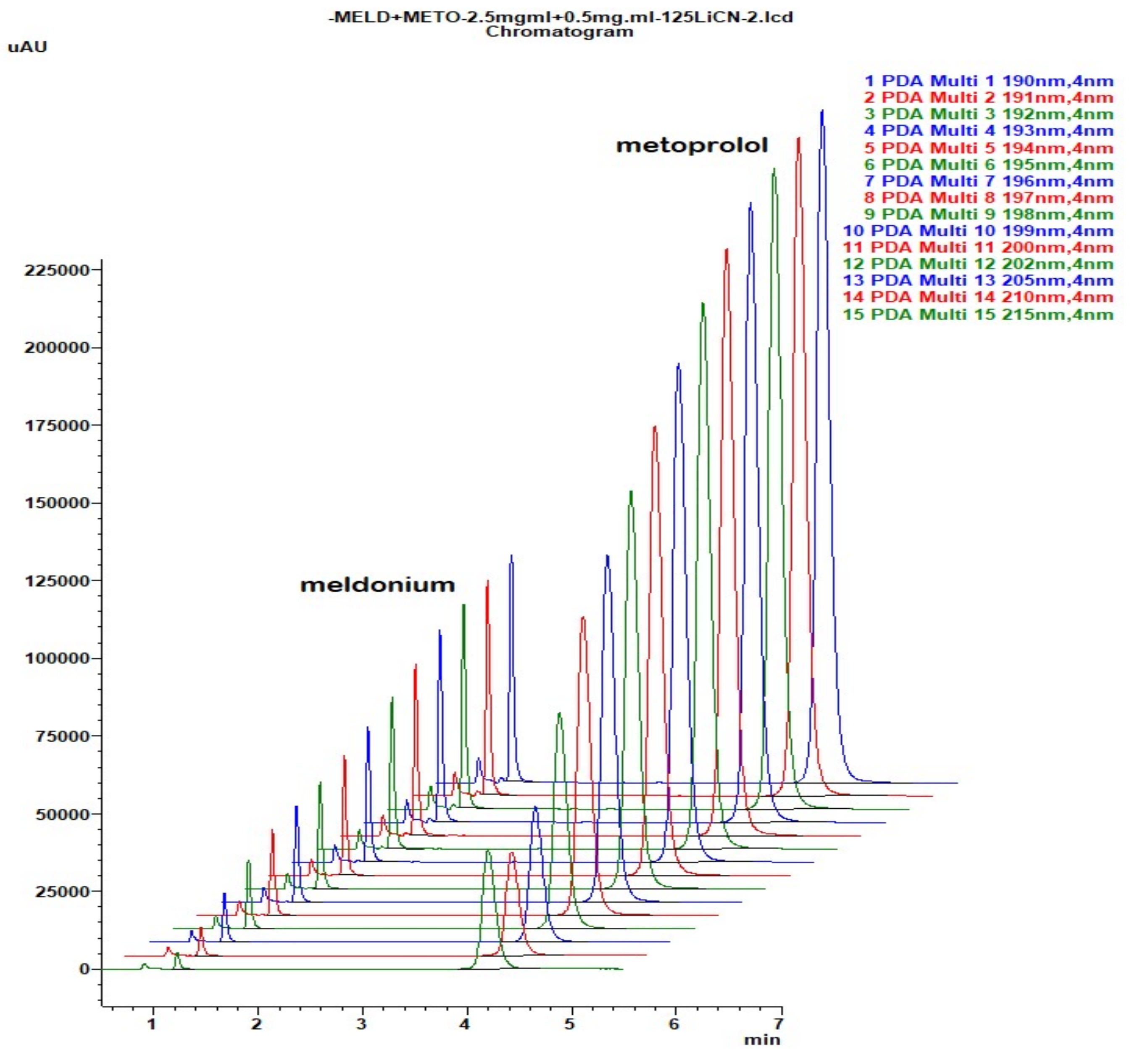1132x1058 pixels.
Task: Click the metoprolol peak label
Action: [692, 145]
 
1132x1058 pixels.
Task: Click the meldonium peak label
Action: [377, 585]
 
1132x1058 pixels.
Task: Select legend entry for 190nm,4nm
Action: [989, 81]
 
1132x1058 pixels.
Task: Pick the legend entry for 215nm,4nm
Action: [978, 314]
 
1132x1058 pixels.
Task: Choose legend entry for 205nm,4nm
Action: [978, 281]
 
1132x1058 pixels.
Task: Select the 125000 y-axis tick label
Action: [57, 581]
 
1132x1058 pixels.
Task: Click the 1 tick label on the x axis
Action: [151, 1024]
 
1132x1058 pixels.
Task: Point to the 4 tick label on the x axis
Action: [466, 1024]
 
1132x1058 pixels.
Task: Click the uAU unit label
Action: [27, 47]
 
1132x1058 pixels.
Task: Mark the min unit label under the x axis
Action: [762, 1040]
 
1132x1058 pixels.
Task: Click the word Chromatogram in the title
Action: [559, 32]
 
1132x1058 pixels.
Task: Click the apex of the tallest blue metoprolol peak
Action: [821, 112]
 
